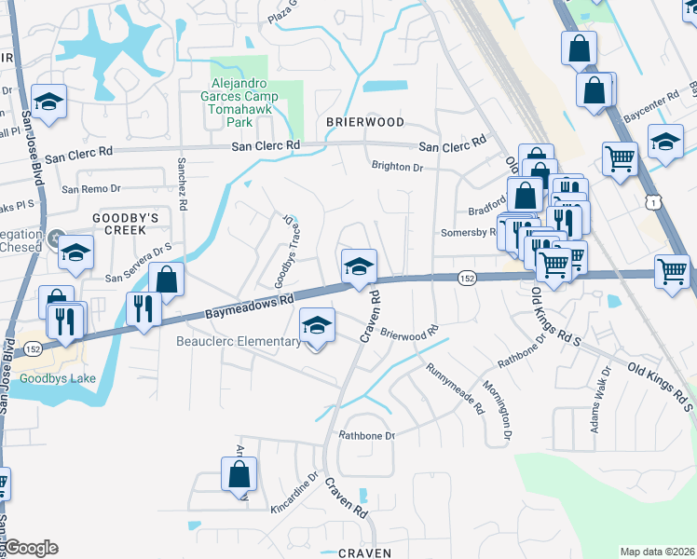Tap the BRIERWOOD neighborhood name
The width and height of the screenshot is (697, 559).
365,122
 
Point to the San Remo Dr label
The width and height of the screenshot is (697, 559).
90,189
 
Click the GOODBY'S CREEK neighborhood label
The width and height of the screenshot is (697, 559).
132,223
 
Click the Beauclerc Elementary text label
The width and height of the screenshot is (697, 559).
237,342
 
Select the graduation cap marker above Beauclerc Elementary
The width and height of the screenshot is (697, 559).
317,326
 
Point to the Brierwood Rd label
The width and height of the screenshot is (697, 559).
409,334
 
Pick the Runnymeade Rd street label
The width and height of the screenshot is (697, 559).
457,389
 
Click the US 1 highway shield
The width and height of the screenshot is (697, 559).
658,201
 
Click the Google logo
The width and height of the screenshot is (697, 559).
30,548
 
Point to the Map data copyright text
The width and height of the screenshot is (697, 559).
656,552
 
